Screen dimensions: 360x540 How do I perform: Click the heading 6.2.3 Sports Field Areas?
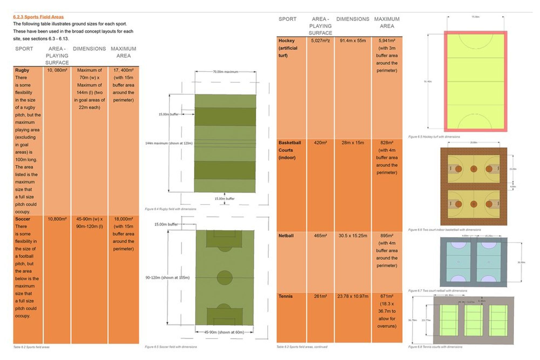pos(38,17)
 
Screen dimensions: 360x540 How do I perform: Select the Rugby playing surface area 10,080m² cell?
pos(57,70)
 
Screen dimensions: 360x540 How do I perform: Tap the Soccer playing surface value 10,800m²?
pos(57,219)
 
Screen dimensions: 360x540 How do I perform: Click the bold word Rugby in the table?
pos(22,70)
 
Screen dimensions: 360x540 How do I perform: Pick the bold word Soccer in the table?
pos(23,219)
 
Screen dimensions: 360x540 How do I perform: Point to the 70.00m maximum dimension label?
pos(225,72)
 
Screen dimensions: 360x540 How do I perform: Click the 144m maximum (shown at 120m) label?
pos(169,143)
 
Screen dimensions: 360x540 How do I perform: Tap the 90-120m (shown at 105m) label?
pos(167,278)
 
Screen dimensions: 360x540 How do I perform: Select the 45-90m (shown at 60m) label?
pos(224,332)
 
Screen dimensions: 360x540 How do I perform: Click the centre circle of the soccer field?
pos(224,278)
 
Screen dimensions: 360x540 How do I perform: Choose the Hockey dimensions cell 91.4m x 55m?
pos(353,41)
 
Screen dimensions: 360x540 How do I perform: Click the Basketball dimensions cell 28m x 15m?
pos(353,143)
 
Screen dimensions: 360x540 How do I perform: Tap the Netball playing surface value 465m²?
pos(320,236)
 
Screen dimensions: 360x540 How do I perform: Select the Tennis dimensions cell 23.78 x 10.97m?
pos(353,296)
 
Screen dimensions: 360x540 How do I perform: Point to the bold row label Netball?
pos(286,236)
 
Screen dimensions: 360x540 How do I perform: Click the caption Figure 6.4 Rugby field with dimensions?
pos(170,209)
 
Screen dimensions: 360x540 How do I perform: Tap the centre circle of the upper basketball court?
pos(474,169)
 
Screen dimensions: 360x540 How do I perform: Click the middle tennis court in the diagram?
pos(473,320)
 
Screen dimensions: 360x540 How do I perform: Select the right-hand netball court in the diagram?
pos(489,262)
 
